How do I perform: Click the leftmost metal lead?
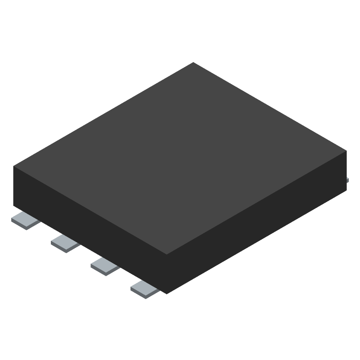tap(25, 220)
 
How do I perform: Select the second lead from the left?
tap(65, 243)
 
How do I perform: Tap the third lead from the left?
tap(105, 266)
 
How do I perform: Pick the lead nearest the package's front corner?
tap(144, 288)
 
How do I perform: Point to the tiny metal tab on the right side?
tap(348, 180)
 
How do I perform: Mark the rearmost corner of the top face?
tap(193, 63)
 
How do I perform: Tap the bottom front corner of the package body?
tap(167, 294)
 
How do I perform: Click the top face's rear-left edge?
tap(103, 114)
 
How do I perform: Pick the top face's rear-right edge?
tap(270, 107)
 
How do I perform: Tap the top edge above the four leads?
tap(90, 211)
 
